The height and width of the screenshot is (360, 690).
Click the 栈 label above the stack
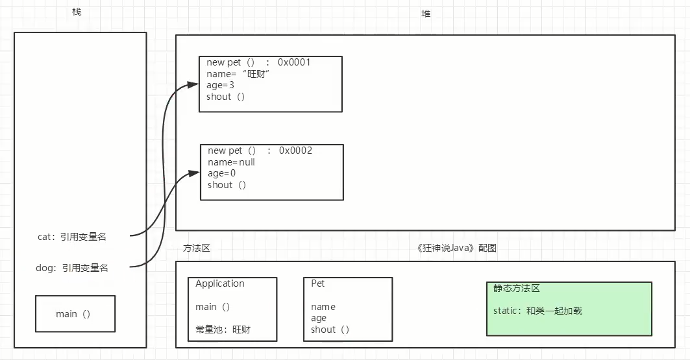pyautogui.click(x=77, y=13)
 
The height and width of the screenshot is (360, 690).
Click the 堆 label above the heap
pyautogui.click(x=426, y=13)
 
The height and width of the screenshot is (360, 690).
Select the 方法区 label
pyautogui.click(x=197, y=248)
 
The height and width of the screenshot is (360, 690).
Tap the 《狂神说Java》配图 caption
pyautogui.click(x=458, y=248)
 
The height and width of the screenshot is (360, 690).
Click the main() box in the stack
pyautogui.click(x=74, y=314)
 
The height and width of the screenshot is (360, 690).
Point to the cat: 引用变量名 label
pyautogui.click(x=72, y=237)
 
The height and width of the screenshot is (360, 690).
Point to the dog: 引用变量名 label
pyautogui.click(x=72, y=267)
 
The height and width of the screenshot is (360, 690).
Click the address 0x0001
pyautogui.click(x=294, y=62)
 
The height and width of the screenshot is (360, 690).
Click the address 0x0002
pyautogui.click(x=295, y=150)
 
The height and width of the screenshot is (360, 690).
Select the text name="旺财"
pyautogui.click(x=238, y=74)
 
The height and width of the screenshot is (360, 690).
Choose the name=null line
pyautogui.click(x=231, y=162)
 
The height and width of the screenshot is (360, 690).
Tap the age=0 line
pyautogui.click(x=221, y=173)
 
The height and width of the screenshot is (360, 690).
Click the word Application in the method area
pyautogui.click(x=220, y=283)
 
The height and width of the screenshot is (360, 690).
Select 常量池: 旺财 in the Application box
pyautogui.click(x=223, y=330)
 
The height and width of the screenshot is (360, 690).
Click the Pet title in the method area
pyautogui.click(x=318, y=283)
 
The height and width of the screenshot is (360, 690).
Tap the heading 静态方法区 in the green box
pyautogui.click(x=517, y=288)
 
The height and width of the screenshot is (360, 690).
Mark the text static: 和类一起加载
pyautogui.click(x=537, y=311)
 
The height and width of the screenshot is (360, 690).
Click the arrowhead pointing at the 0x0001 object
pyautogui.click(x=193, y=84)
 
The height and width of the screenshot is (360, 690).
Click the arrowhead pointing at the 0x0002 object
pyautogui.click(x=195, y=173)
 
